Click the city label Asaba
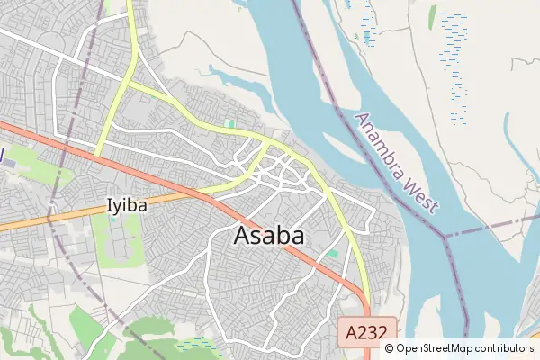(268, 236)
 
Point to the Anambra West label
(397, 163)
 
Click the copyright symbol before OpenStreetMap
(389, 348)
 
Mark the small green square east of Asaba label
(333, 255)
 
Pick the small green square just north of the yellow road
(230, 123)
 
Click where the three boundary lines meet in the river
(445, 236)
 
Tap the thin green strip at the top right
(433, 16)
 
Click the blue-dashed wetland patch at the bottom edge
(198, 344)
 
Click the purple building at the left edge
(2, 157)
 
